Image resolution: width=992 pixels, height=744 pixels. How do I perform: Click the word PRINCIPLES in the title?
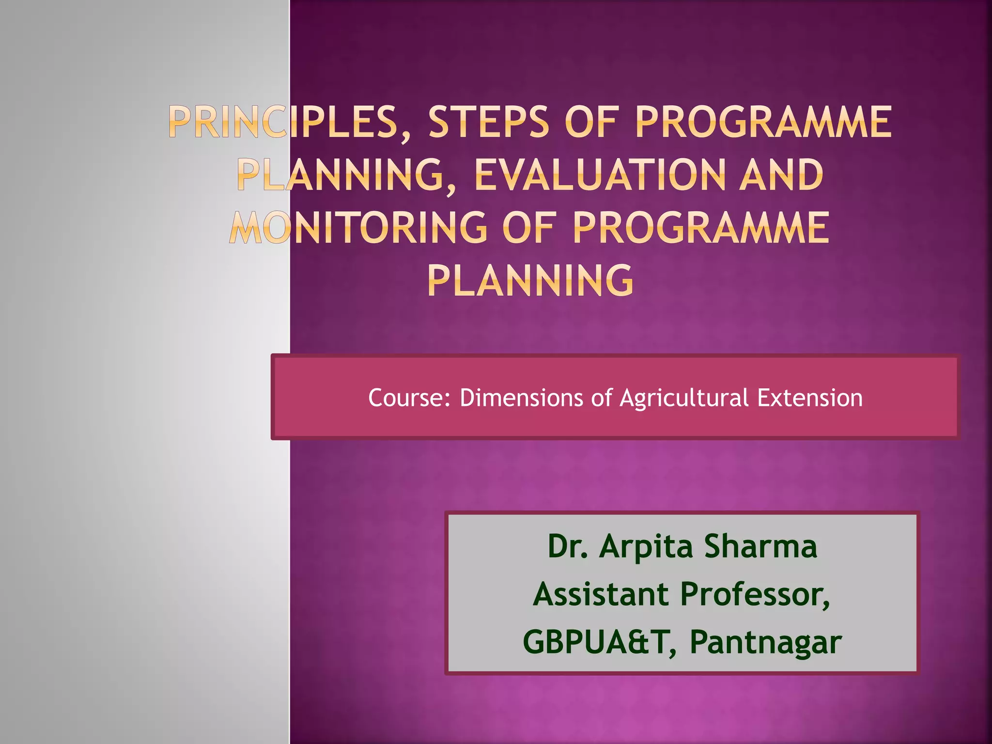click(x=288, y=123)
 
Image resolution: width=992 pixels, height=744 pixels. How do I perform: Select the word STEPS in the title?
click(x=489, y=123)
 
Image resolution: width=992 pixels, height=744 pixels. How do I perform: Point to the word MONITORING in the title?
click(x=358, y=228)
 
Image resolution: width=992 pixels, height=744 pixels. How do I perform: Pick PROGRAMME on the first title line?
click(x=763, y=123)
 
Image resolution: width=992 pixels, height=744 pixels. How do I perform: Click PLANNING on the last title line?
click(x=530, y=280)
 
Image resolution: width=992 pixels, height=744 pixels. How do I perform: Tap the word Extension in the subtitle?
click(x=810, y=398)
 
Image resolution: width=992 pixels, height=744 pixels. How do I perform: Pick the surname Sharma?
click(x=760, y=547)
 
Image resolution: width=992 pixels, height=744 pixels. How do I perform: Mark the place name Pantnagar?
click(x=765, y=643)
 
